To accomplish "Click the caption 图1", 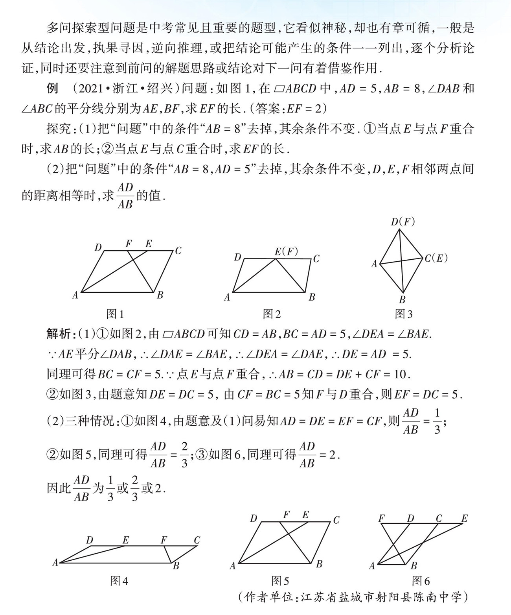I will pyautogui.click(x=115, y=314).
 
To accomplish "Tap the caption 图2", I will pyautogui.click(x=272, y=314).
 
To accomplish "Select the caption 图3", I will pyautogui.click(x=404, y=314).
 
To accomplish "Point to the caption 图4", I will pyautogui.click(x=119, y=581).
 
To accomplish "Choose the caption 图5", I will pyautogui.click(x=280, y=581).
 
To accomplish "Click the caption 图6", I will pyautogui.click(x=421, y=581).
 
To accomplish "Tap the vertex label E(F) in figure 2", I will pyautogui.click(x=286, y=251).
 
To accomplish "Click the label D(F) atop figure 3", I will pyautogui.click(x=403, y=222).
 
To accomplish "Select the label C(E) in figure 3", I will pyautogui.click(x=436, y=258).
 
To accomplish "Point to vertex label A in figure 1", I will pyautogui.click(x=75, y=295).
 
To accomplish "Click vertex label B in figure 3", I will pyautogui.click(x=402, y=300).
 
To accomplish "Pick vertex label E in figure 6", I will pyautogui.click(x=465, y=518).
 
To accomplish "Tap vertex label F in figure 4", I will pyautogui.click(x=164, y=540).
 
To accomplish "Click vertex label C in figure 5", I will pyautogui.click(x=336, y=520).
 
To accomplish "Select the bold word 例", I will pyautogui.click(x=52, y=89).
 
